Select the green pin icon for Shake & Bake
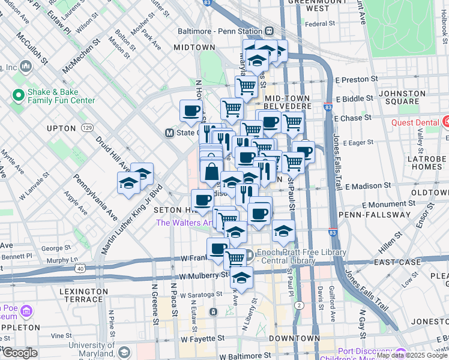tap(17, 95)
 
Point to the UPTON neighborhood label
tap(61, 128)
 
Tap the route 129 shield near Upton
tap(88, 128)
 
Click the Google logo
tap(19, 353)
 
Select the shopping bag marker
tap(211, 172)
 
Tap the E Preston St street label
tap(357, 79)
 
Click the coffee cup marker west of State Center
tap(191, 111)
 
